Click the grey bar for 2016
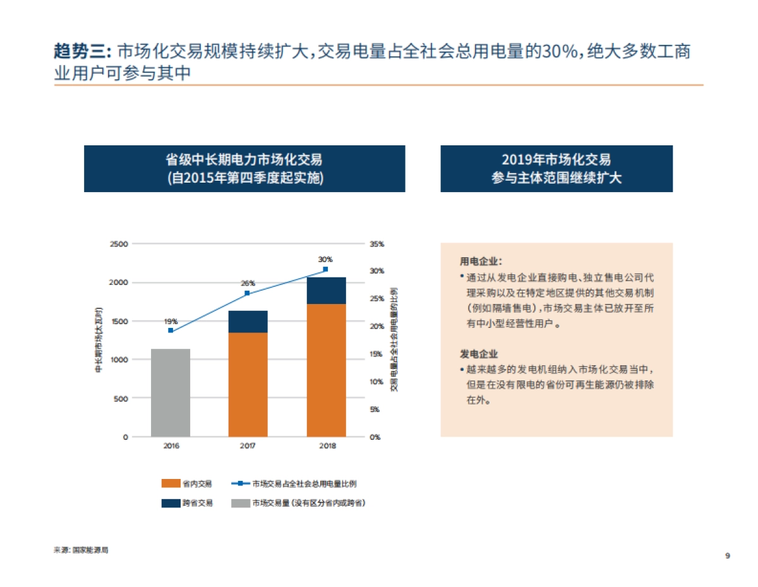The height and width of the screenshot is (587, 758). [171, 392]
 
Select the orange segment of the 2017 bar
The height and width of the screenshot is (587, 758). [248, 384]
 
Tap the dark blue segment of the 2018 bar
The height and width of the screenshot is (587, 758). [326, 291]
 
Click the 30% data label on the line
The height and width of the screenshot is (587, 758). [325, 259]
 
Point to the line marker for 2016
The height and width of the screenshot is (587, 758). [171, 330]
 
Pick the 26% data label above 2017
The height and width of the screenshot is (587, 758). [248, 283]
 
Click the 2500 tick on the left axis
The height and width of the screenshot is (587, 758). [119, 244]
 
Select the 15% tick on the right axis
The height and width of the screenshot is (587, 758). [376, 354]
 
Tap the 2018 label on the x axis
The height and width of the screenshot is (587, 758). [327, 446]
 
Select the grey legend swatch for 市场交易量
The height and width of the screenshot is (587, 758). [240, 504]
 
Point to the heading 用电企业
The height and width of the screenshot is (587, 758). [481, 261]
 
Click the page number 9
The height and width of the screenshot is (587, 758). [728, 556]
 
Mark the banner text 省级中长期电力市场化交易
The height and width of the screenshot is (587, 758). [244, 160]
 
